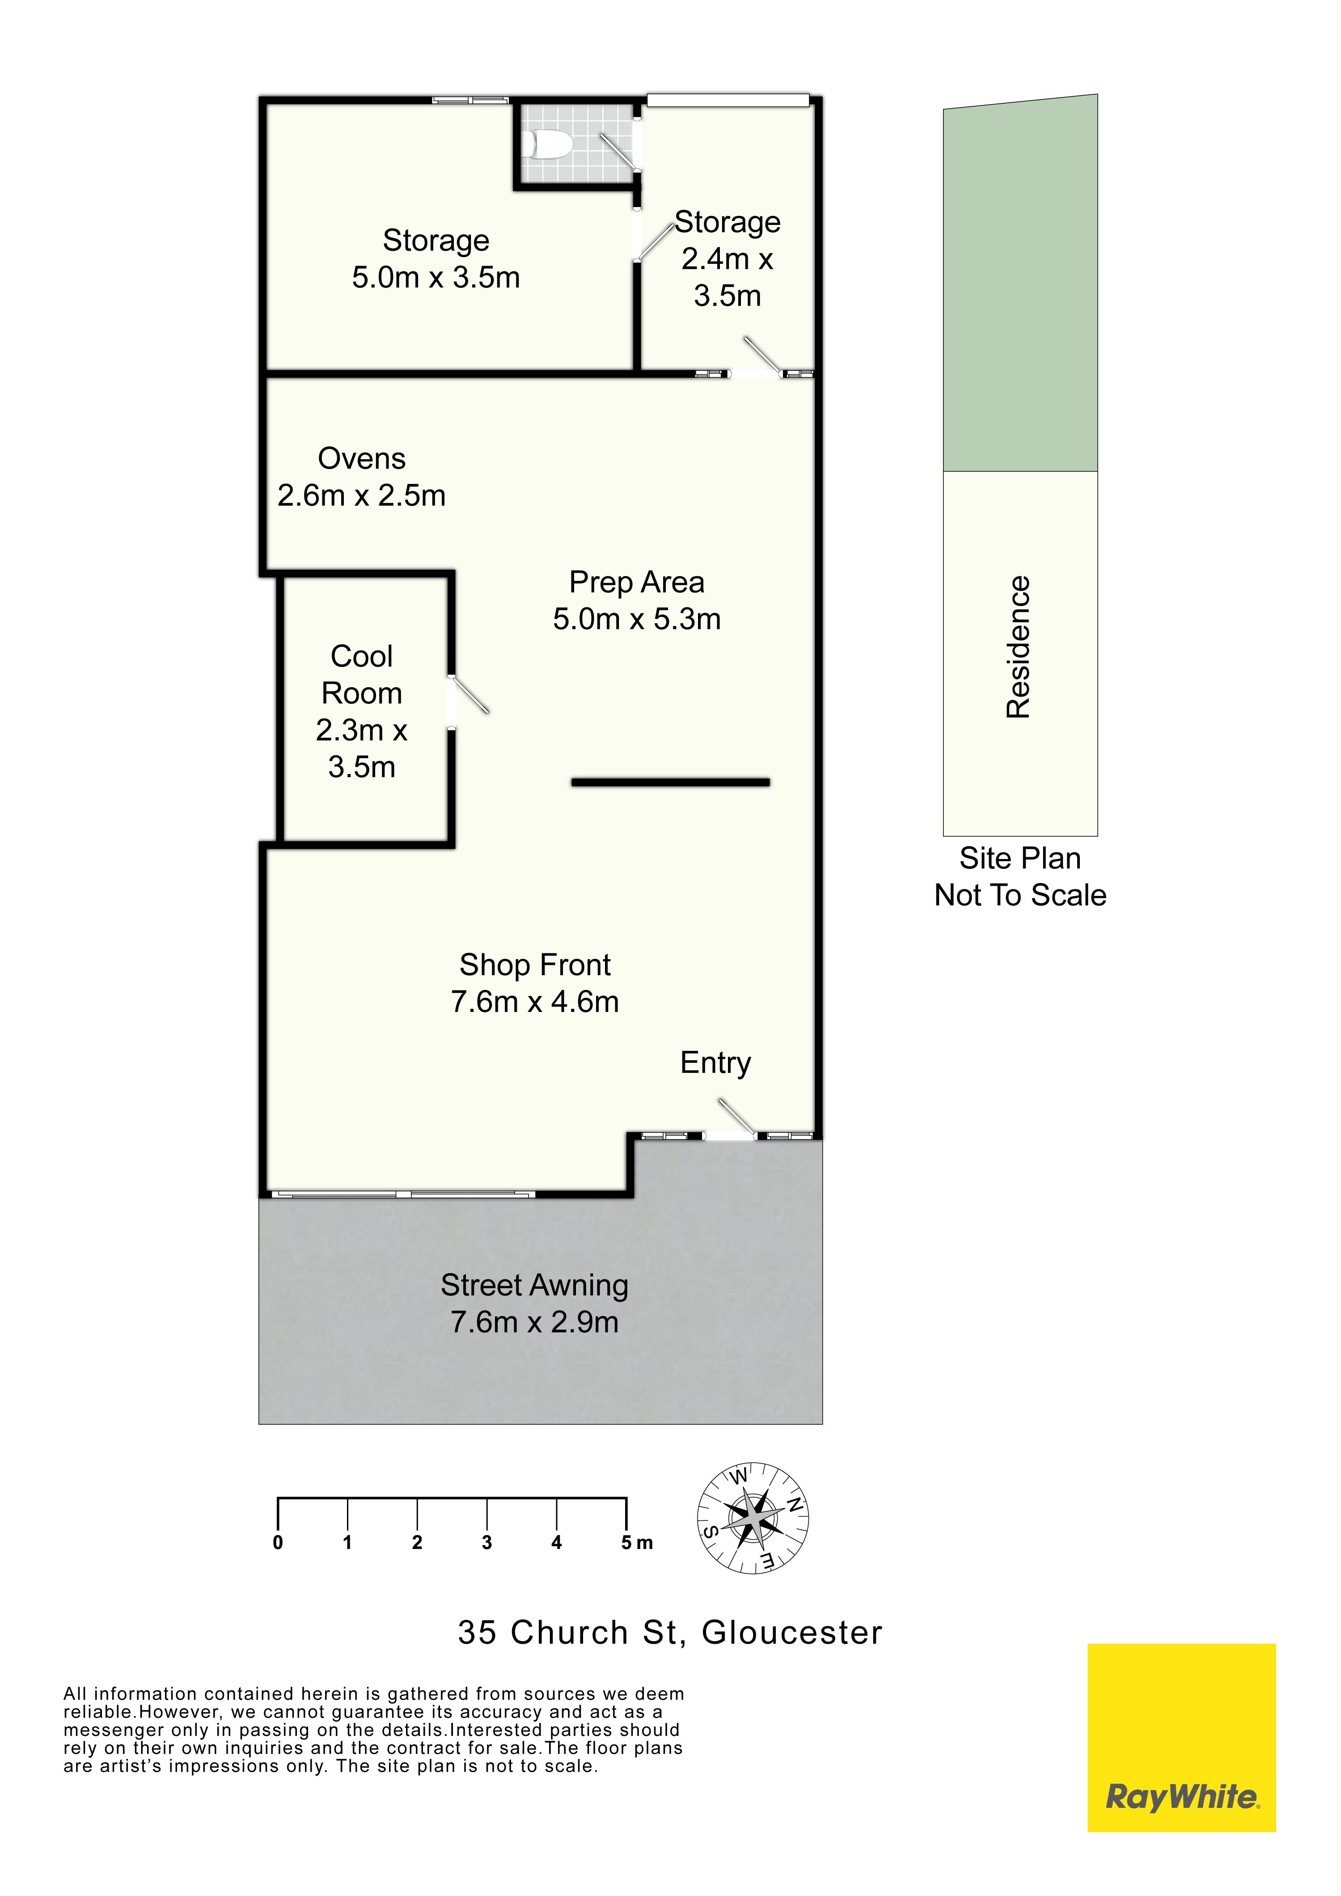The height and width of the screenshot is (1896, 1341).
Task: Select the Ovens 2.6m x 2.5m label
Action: [x=362, y=477]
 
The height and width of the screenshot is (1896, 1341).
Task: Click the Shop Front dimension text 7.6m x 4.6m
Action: [x=535, y=1002]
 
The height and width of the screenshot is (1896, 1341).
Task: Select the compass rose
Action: [x=753, y=1518]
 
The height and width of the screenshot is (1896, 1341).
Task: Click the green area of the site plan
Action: [x=1020, y=285]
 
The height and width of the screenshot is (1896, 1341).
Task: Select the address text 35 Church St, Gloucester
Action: [x=671, y=1633]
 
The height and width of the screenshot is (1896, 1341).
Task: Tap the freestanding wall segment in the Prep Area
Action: [x=671, y=782]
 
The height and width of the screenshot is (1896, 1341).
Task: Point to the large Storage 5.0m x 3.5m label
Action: [x=436, y=258]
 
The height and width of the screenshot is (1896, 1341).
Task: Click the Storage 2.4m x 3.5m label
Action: [x=728, y=258]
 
